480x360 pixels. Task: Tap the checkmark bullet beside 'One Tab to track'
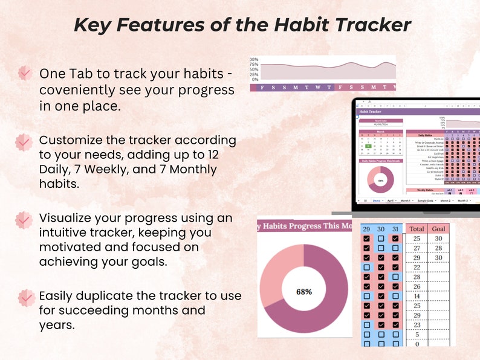[x=24, y=73]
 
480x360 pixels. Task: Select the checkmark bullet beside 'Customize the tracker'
[x=23, y=141]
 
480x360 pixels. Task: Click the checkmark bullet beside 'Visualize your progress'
[x=24, y=219]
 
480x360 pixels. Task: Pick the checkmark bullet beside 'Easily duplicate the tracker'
[x=25, y=297]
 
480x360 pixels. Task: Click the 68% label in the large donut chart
[x=303, y=292]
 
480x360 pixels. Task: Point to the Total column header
[x=417, y=229]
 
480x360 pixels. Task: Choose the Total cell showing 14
[x=417, y=296]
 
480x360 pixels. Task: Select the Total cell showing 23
[x=417, y=324]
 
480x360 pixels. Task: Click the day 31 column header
[x=395, y=229]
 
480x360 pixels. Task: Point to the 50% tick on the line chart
[x=255, y=69]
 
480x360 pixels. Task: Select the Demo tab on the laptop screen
[x=377, y=200]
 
